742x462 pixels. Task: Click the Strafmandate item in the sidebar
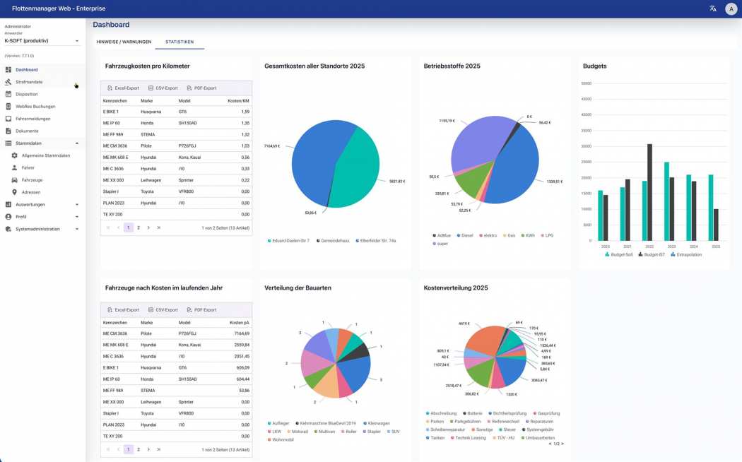(29, 82)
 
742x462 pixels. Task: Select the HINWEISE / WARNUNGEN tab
(124, 42)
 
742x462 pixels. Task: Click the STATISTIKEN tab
(179, 42)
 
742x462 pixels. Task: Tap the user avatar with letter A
(731, 8)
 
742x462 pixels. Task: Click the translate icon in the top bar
(712, 8)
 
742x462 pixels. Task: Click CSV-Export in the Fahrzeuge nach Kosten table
(163, 310)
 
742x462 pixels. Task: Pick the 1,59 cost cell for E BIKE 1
(245, 112)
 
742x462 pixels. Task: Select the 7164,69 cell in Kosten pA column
(242, 333)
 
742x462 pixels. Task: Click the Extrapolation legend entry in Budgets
(686, 254)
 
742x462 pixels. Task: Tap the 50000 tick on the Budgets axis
(586, 83)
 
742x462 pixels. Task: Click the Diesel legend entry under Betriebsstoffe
(466, 235)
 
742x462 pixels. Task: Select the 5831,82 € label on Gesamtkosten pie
(396, 182)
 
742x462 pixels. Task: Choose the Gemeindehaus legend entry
(334, 241)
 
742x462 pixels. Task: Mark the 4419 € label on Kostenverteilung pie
(464, 324)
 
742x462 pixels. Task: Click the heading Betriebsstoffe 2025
(452, 66)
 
